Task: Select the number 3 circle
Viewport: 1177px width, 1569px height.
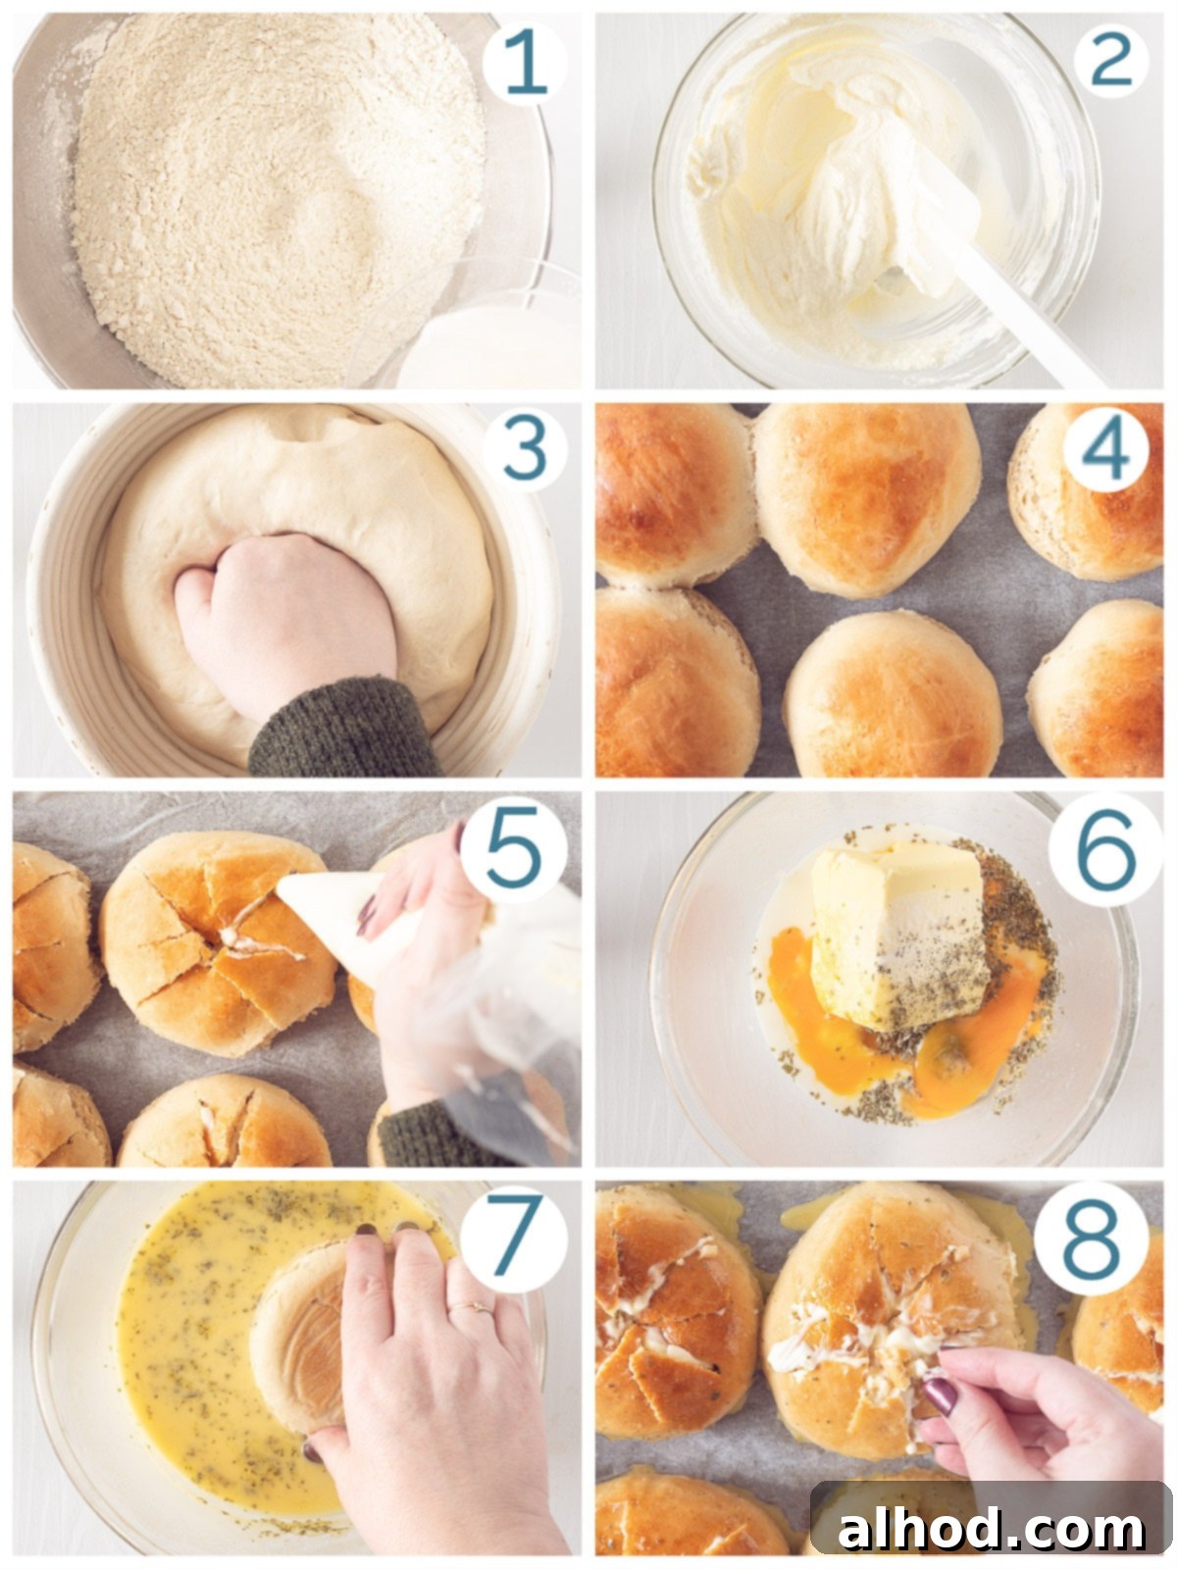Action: (x=525, y=449)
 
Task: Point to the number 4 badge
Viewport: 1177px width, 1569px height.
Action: (x=1105, y=449)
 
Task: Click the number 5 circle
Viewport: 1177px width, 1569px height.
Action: (x=513, y=850)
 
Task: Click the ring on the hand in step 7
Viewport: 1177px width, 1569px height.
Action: (x=473, y=1307)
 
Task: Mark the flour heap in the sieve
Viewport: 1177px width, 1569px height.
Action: (x=279, y=196)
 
